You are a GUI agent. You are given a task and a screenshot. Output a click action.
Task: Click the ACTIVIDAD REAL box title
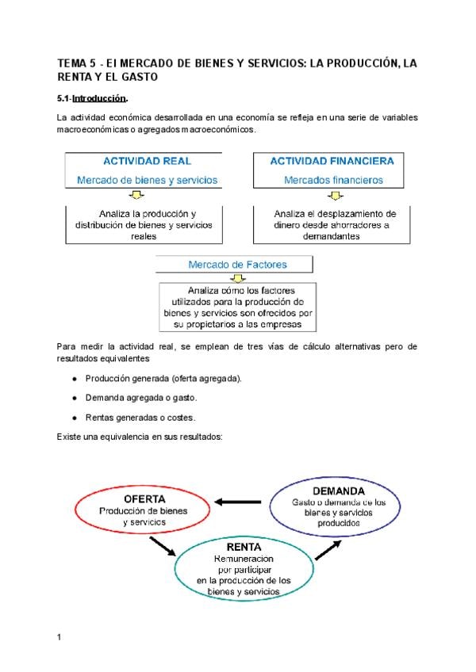(x=147, y=161)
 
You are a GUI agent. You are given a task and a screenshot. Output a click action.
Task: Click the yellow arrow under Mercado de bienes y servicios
(x=135, y=196)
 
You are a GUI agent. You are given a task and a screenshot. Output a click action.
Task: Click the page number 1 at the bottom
(x=59, y=636)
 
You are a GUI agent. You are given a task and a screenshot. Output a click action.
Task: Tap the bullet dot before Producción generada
(x=73, y=378)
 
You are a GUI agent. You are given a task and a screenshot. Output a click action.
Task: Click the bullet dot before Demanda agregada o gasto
(x=73, y=397)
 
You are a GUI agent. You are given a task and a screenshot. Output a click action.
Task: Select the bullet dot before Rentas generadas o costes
(x=73, y=417)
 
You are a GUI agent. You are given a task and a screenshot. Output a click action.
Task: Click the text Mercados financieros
(x=333, y=180)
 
